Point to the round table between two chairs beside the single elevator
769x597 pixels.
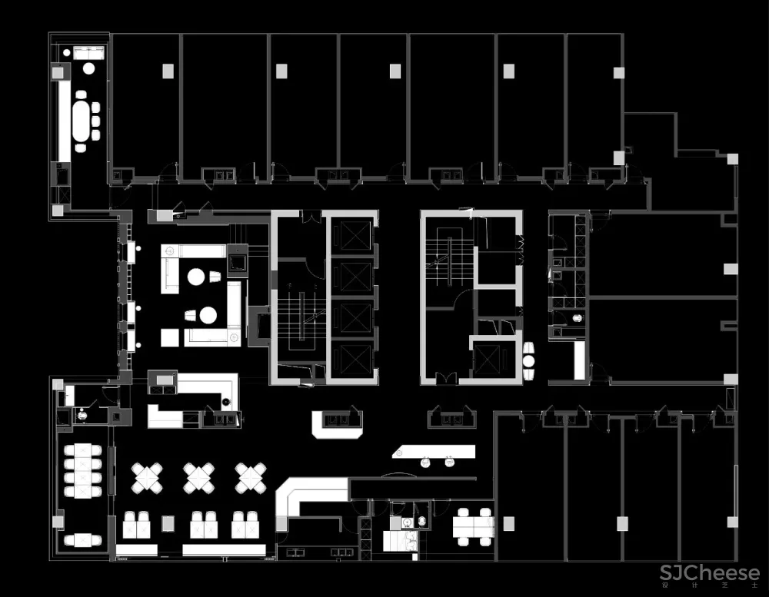pos(530,360)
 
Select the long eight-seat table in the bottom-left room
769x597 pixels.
pos(83,469)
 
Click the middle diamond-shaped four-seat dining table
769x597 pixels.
pos(198,477)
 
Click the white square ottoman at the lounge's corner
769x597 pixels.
pos(169,337)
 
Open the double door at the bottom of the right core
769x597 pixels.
pos(446,378)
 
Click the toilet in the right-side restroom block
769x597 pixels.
pos(578,317)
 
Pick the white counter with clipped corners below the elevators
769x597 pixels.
pos(337,424)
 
